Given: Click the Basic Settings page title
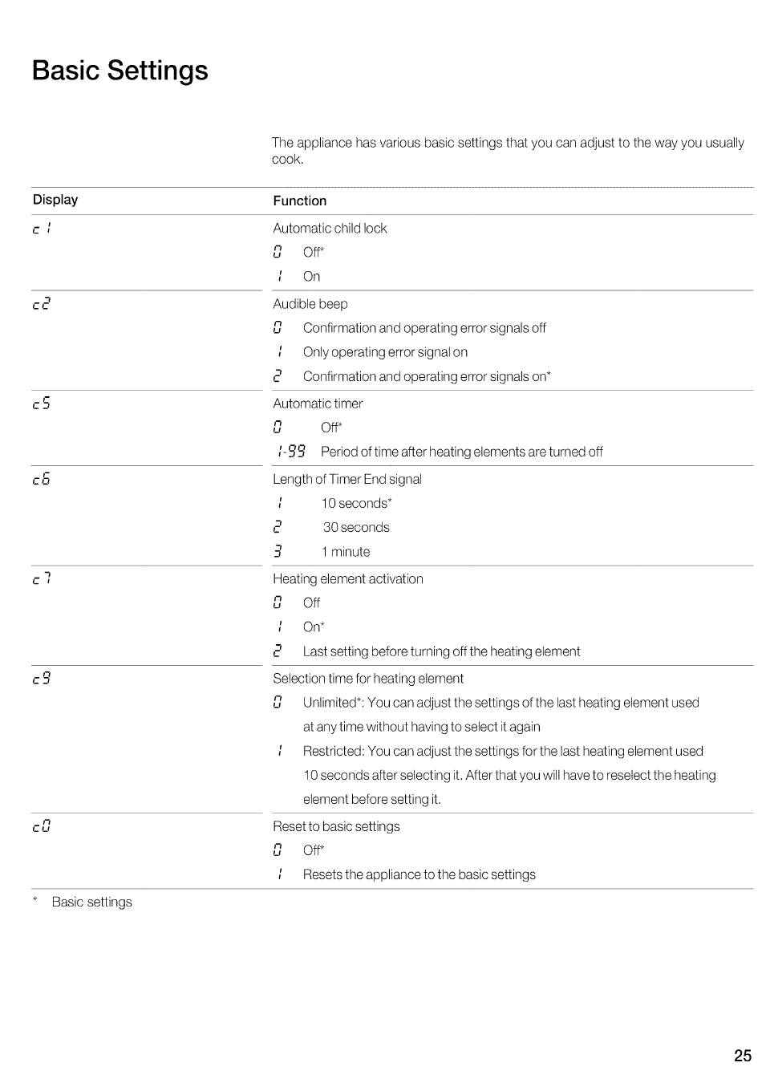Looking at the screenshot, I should (120, 71).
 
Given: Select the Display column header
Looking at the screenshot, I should (55, 200).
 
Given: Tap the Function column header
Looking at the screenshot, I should (299, 201).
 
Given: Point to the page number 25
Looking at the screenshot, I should (742, 1056).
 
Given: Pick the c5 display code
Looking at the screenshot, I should (42, 404).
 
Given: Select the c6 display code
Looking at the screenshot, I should (42, 480).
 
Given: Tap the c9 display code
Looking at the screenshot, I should (42, 679).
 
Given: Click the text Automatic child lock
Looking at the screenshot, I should (330, 229).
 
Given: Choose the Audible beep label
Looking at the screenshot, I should (310, 304).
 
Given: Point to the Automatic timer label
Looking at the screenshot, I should (318, 404).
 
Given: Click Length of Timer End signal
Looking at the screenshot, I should (347, 480).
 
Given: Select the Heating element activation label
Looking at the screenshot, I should (348, 579).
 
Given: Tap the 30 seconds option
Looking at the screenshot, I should (356, 528).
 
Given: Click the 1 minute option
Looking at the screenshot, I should (346, 552).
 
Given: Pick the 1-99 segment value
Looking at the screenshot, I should (290, 452).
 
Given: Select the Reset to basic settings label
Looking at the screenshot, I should (336, 826).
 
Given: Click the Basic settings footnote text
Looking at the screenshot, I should (91, 902).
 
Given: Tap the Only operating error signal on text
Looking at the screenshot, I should (385, 352).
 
